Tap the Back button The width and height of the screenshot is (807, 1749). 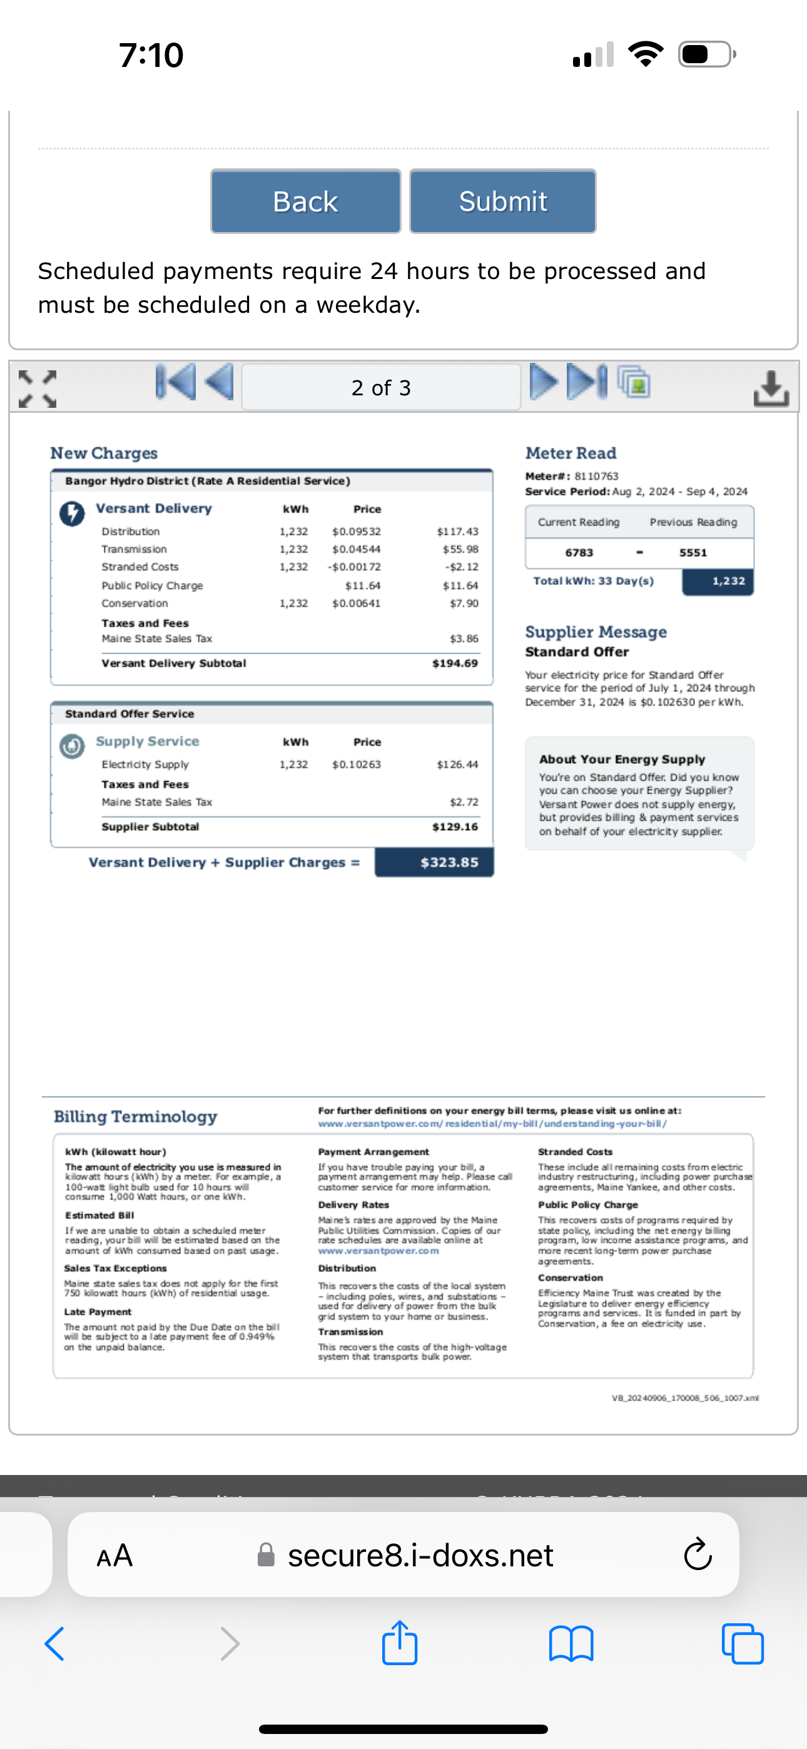point(305,201)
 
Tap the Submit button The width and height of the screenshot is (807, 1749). point(503,201)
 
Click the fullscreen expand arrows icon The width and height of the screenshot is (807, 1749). point(38,388)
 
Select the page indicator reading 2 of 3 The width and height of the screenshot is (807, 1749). point(380,388)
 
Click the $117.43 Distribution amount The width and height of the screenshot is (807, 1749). point(457,532)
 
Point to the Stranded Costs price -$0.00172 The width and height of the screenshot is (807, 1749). point(355,567)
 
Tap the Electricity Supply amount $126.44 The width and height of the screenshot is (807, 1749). point(457,764)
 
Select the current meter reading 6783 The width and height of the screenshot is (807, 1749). point(579,553)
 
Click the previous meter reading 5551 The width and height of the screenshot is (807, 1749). point(693,553)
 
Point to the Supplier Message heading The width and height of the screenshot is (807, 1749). point(596,632)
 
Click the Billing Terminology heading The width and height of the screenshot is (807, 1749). point(135,1117)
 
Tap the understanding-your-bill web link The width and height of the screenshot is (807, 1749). point(492,1123)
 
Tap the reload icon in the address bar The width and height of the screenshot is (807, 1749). point(697,1555)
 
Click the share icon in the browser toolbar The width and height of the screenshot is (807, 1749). point(399,1643)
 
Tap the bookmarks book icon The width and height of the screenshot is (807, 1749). point(571,1644)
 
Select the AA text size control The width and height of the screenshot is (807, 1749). point(114,1555)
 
